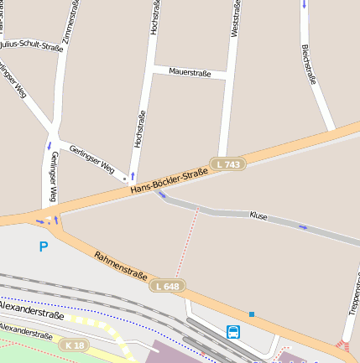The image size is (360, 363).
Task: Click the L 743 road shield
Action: click(227, 164)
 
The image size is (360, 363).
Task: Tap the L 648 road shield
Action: click(166, 287)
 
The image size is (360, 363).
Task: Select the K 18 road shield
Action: click(74, 345)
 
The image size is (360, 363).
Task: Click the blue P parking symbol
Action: click(43, 246)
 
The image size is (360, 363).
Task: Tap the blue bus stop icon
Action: click(232, 331)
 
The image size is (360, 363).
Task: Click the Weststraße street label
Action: click(235, 18)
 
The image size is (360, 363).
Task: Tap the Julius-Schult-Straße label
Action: click(32, 45)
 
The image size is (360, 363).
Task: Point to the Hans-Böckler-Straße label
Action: click(169, 182)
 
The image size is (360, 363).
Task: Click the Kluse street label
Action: click(258, 216)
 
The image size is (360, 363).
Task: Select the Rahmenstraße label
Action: click(120, 266)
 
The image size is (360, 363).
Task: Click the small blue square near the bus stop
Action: click(251, 314)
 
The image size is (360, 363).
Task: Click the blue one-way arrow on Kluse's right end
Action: click(303, 227)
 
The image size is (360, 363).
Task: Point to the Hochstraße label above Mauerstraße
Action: click(154, 18)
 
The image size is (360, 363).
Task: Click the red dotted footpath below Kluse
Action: click(186, 243)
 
